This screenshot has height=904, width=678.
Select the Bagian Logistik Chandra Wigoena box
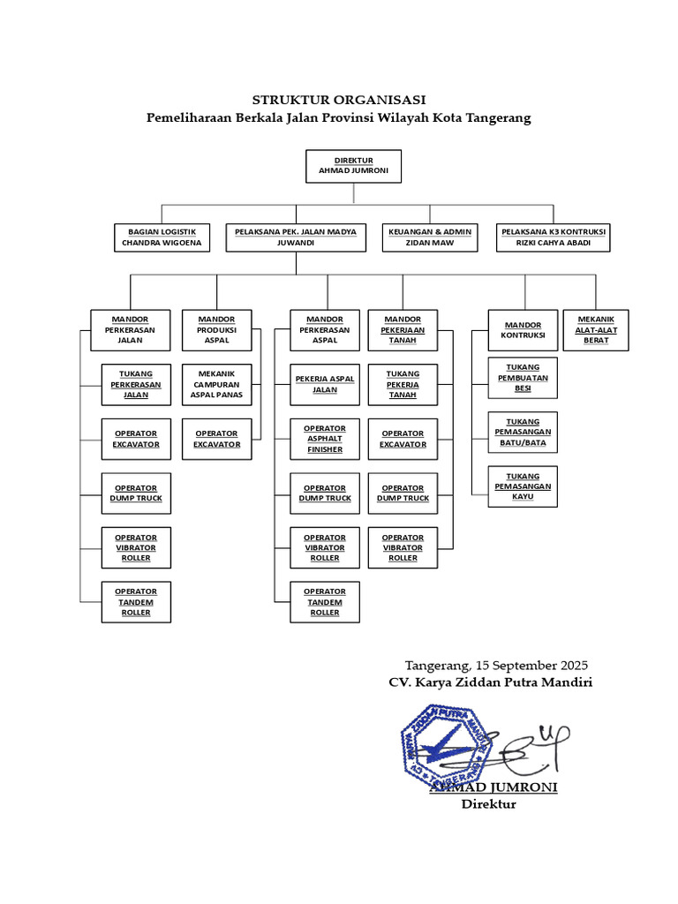pyautogui.click(x=162, y=237)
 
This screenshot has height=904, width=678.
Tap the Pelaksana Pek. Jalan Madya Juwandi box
pyautogui.click(x=296, y=237)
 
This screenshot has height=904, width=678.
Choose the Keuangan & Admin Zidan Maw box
pyautogui.click(x=430, y=237)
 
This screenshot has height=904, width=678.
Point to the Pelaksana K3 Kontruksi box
pyautogui.click(x=554, y=237)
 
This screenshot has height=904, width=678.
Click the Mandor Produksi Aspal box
pyautogui.click(x=216, y=329)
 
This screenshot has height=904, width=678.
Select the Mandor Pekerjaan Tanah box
pyautogui.click(x=403, y=329)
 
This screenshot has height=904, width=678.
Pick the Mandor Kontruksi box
pyautogui.click(x=523, y=330)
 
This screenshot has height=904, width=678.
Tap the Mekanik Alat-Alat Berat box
pyautogui.click(x=596, y=329)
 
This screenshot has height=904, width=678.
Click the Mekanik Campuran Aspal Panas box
pyautogui.click(x=216, y=385)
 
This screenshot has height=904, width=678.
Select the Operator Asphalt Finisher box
pyautogui.click(x=325, y=439)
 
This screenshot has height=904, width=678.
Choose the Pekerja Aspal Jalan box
pyautogui.click(x=325, y=384)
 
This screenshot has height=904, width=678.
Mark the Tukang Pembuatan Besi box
pyautogui.click(x=523, y=378)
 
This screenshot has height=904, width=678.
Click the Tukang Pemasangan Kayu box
pyautogui.click(x=523, y=486)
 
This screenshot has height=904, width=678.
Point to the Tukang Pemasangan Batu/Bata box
pyautogui.click(x=523, y=432)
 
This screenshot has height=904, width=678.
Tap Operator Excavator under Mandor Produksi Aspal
pyautogui.click(x=216, y=439)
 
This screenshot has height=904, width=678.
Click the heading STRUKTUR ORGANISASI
pyautogui.click(x=339, y=100)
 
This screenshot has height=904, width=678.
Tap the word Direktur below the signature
pyautogui.click(x=488, y=803)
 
